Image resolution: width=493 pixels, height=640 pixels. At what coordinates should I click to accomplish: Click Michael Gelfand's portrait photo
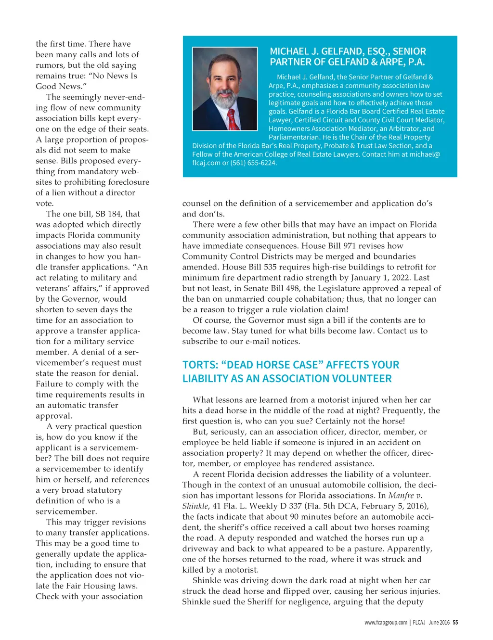[x=225, y=89]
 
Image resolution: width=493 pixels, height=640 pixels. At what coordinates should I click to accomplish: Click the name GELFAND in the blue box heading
[x=332, y=51]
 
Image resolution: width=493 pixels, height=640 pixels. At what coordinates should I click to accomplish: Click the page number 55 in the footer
[x=455, y=622]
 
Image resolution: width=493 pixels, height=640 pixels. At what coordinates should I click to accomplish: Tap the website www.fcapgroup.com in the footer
[x=386, y=622]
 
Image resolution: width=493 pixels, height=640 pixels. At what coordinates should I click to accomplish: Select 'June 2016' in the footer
[x=439, y=622]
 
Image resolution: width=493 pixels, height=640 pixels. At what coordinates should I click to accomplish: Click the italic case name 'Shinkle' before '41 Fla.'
[x=195, y=506]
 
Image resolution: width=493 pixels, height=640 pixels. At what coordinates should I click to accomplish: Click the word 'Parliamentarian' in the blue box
[x=293, y=137]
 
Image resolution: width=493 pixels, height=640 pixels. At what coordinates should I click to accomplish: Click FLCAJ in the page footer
[x=419, y=622]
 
